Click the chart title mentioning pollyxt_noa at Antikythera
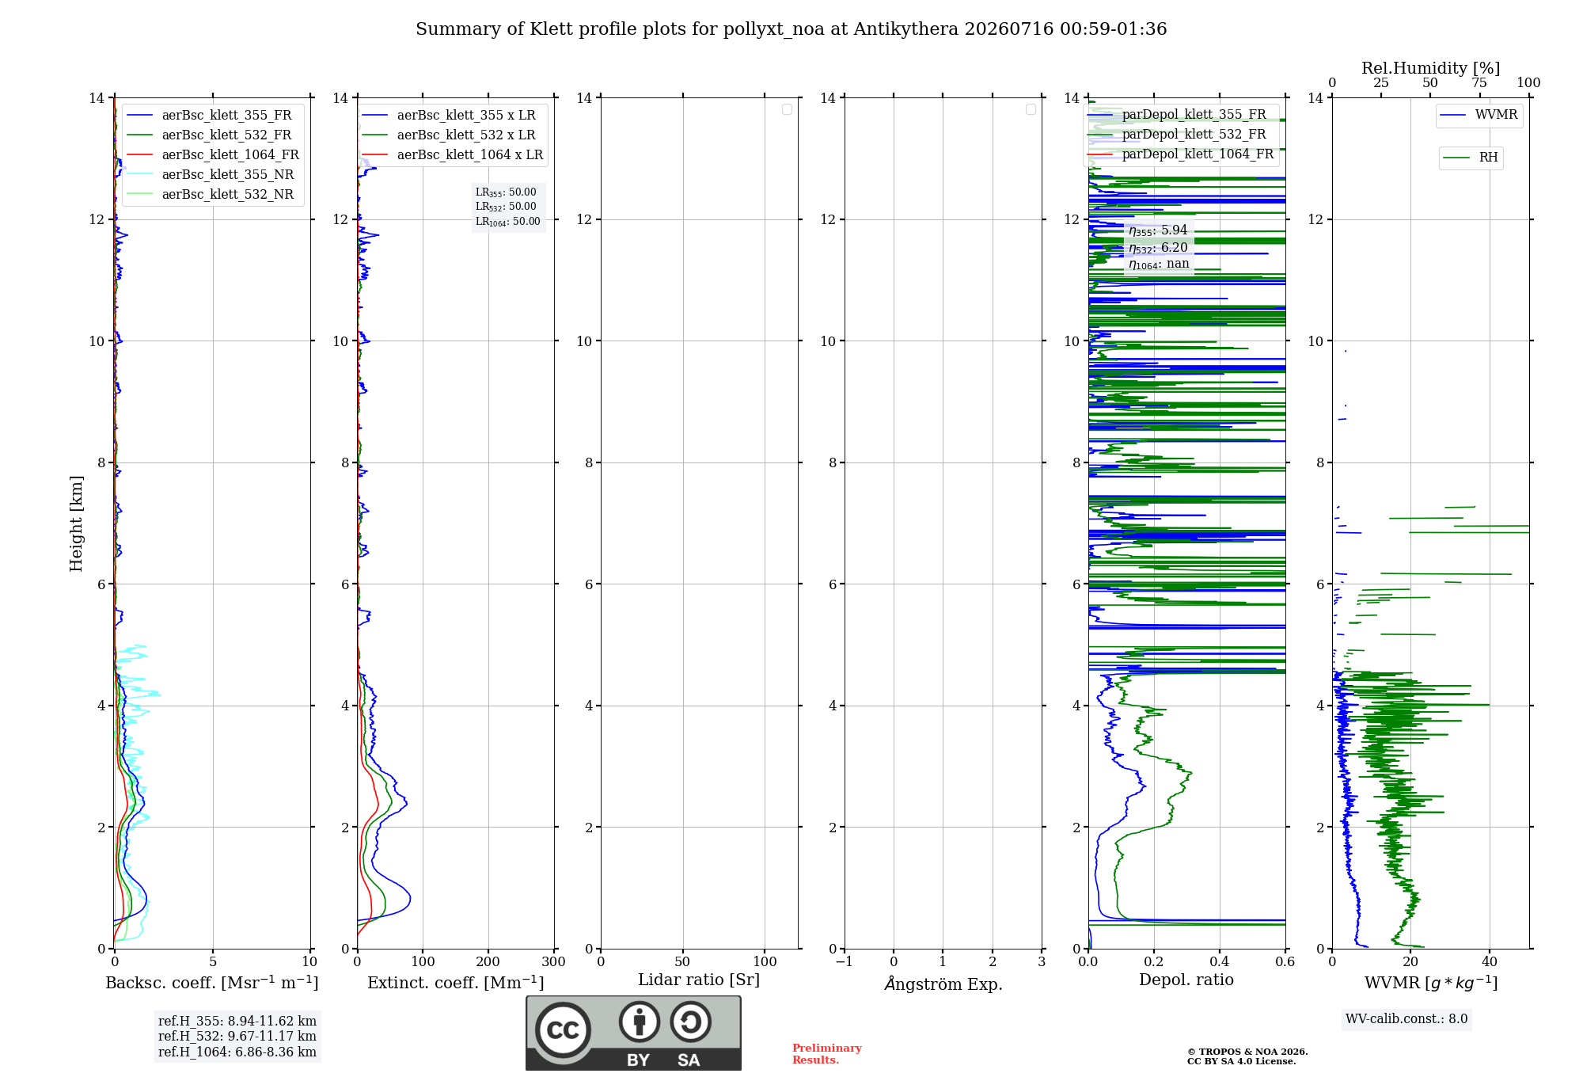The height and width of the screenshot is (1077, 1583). [791, 29]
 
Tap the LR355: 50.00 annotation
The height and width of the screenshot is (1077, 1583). [506, 192]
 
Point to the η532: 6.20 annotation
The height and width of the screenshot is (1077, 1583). [1158, 248]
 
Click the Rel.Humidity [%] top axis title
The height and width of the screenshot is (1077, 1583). [1430, 68]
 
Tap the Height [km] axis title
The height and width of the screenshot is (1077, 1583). [76, 523]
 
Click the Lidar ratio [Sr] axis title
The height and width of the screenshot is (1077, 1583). [699, 980]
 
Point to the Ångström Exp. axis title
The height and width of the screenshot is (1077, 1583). [943, 984]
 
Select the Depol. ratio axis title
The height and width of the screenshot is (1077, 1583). [1186, 980]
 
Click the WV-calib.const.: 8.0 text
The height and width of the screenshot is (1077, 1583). [1406, 1019]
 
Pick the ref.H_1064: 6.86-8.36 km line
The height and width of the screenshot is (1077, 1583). [237, 1052]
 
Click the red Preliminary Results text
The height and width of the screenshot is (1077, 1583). [827, 1054]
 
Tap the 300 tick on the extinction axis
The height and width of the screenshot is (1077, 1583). [553, 962]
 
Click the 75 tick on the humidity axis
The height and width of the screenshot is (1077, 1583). [1479, 83]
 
